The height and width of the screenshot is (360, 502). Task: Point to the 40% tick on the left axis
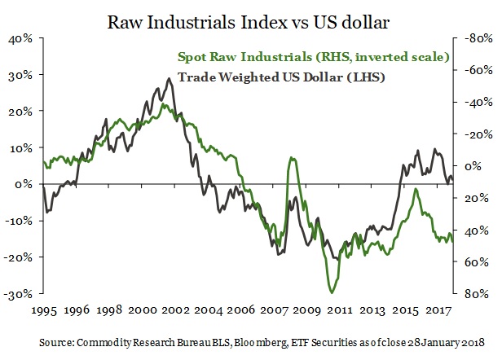(22, 38)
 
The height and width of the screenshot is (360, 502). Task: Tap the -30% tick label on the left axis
(20, 293)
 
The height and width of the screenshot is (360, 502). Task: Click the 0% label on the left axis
(26, 184)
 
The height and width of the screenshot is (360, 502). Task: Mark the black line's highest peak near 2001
(169, 79)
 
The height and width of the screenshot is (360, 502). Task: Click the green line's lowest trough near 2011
(332, 292)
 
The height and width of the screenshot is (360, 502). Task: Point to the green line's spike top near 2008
(293, 157)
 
